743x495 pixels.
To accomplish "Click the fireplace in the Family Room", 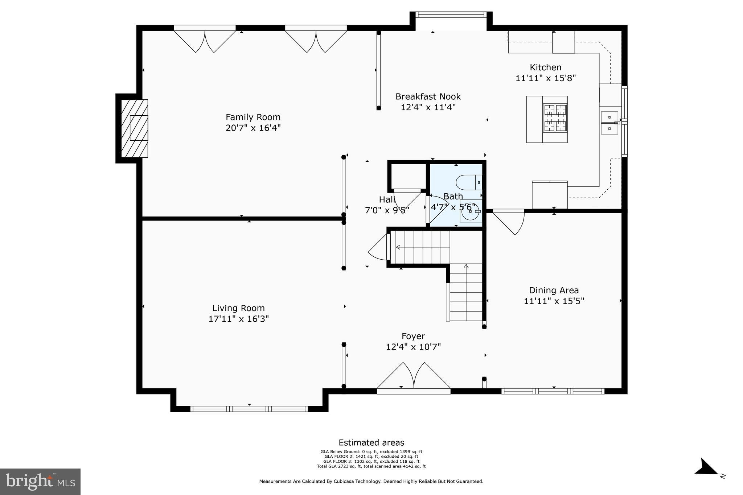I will (x=135, y=128).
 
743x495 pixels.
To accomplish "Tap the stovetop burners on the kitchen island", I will (x=555, y=118).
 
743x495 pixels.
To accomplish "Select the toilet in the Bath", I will (x=469, y=182).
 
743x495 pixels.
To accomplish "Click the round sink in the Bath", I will (x=470, y=211).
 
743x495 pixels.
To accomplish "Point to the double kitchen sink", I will (x=609, y=123).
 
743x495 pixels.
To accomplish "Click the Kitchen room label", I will (x=545, y=67).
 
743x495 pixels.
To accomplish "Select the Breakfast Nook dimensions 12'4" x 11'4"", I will (x=428, y=107).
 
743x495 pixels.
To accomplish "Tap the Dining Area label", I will (x=554, y=290).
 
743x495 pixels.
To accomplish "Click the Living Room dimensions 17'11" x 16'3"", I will (x=238, y=319).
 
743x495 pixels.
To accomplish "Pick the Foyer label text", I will (x=413, y=336).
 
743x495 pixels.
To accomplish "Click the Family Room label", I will (x=253, y=117).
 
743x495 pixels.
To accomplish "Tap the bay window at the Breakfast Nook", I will (x=451, y=15).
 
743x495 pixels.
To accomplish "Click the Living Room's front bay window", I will (x=249, y=409).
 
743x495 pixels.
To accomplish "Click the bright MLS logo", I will (x=40, y=482).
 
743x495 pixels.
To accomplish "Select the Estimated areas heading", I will (x=371, y=442).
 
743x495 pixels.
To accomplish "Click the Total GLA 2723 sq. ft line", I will (x=371, y=466).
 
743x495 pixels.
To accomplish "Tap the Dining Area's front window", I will (x=553, y=391).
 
